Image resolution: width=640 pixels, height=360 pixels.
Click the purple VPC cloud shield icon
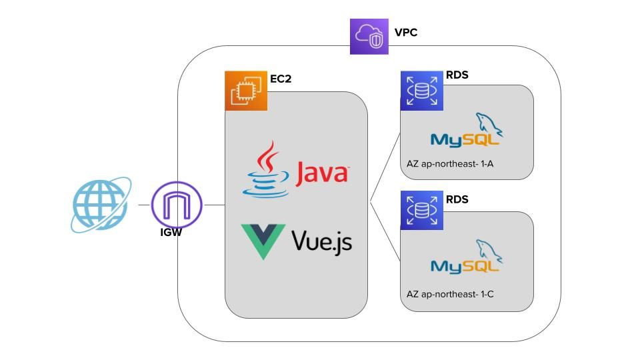tap(369, 36)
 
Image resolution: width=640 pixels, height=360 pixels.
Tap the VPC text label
tap(405, 32)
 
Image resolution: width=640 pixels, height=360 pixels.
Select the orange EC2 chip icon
tap(246, 90)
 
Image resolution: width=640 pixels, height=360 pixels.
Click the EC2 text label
tap(281, 79)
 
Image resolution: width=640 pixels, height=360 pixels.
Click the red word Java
tap(323, 172)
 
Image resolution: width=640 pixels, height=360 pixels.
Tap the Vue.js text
tap(321, 241)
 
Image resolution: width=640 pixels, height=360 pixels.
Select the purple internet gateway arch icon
tap(177, 205)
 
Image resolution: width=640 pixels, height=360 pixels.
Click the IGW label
tap(171, 233)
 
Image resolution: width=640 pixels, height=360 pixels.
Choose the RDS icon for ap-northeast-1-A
tap(421, 90)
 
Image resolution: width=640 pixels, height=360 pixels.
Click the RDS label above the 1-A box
tap(457, 75)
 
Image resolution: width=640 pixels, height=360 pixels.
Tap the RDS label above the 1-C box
tap(457, 199)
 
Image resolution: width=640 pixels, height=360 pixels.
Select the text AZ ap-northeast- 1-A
tap(450, 163)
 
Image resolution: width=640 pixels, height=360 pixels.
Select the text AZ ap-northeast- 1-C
tap(450, 293)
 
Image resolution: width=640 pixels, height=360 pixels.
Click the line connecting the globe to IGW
tap(144, 205)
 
